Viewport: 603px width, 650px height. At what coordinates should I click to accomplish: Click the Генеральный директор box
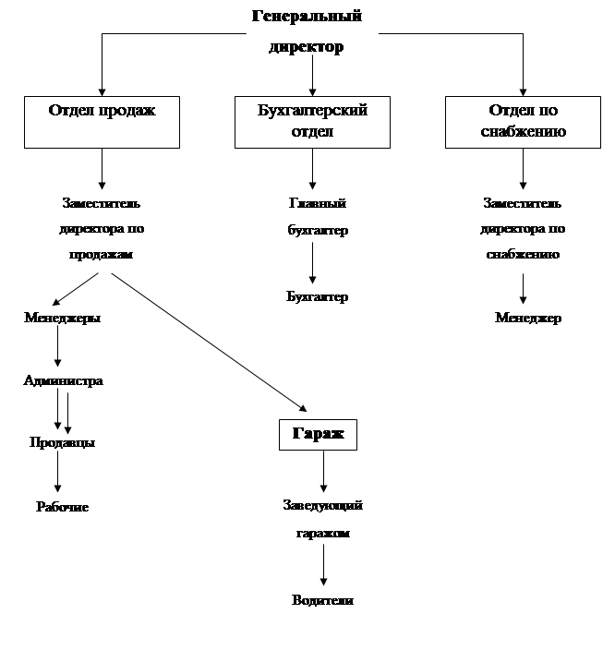coord(307,34)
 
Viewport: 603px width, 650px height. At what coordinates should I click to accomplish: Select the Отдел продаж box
coord(102,121)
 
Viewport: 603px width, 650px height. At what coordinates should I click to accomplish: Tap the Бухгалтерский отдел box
coord(313,121)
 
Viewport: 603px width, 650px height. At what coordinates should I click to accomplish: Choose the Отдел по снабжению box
coord(524,121)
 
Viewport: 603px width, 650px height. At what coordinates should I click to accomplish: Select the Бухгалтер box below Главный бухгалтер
coord(317,298)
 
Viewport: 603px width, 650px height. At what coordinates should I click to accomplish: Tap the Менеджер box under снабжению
coord(528,319)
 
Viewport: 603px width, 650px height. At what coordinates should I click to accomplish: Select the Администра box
coord(63,381)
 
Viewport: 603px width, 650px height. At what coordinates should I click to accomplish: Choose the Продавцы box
coord(62,444)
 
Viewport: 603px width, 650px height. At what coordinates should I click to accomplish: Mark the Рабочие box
coord(63,509)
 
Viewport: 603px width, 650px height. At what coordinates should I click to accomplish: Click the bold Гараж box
coord(318,434)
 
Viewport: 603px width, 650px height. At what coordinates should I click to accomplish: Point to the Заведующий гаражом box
coord(322,522)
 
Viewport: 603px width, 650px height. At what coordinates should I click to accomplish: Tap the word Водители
coord(322,601)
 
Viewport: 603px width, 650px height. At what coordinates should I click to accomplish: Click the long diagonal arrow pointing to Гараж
coord(208,341)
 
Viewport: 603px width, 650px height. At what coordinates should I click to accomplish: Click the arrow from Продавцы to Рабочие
coord(58,475)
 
